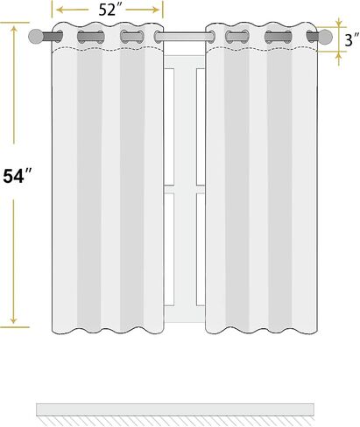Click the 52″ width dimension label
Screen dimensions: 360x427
point(108,10)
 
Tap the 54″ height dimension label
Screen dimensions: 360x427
point(17,176)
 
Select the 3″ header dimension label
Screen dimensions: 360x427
point(351,39)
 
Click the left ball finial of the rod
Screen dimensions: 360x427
point(36,37)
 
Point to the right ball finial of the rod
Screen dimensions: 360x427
point(325,37)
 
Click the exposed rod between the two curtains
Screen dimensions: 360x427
point(185,37)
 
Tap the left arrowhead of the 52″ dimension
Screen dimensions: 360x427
point(60,10)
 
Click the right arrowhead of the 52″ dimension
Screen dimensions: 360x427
point(156,10)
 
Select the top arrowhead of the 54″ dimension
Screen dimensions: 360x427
point(14,29)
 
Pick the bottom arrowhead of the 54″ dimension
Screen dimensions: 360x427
point(13,321)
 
